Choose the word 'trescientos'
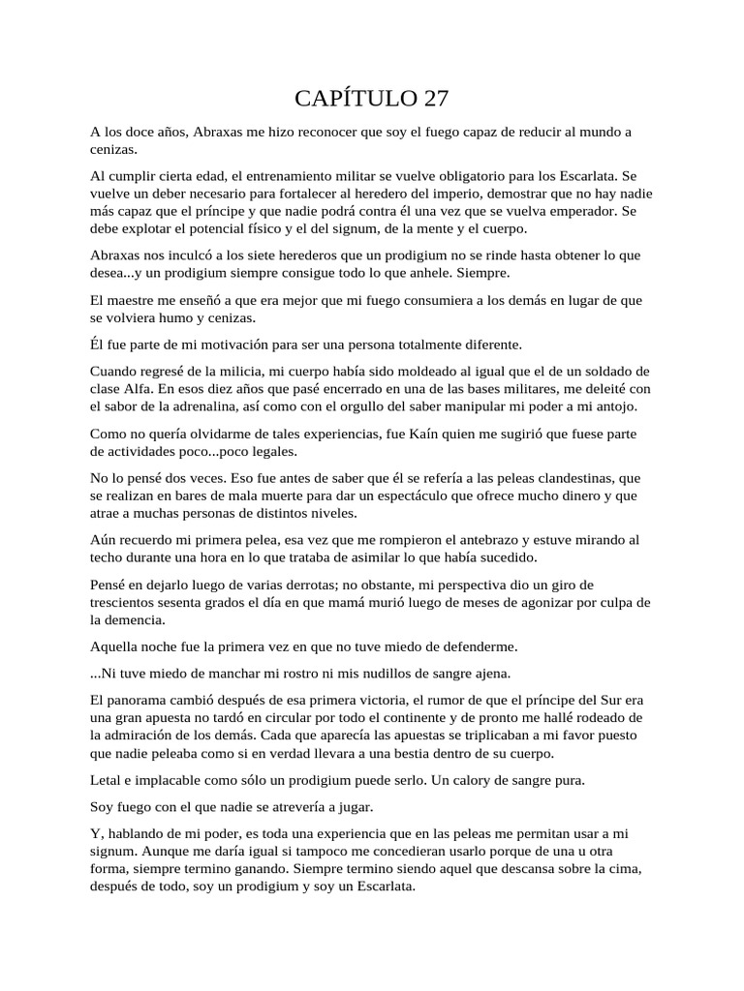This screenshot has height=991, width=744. click(123, 602)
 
